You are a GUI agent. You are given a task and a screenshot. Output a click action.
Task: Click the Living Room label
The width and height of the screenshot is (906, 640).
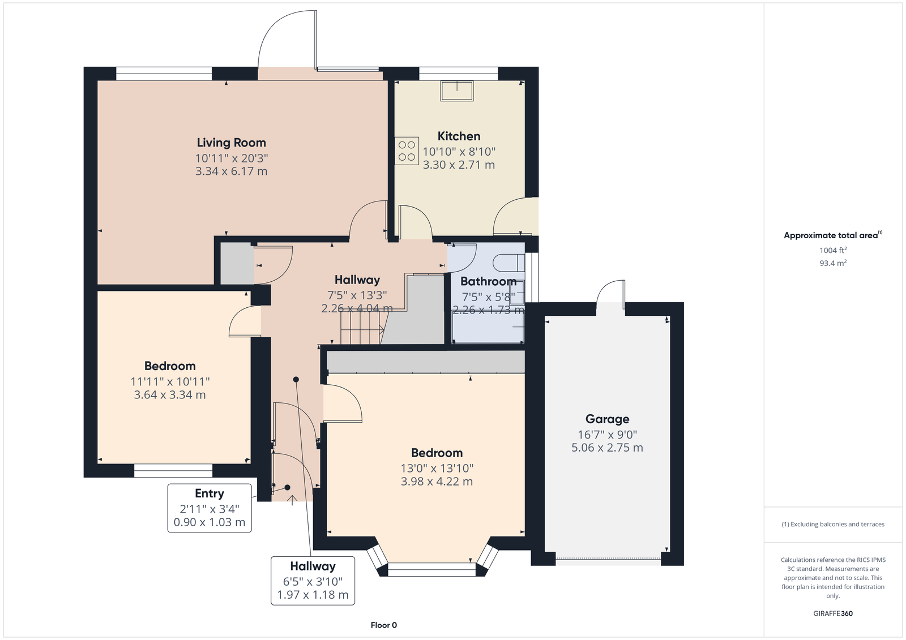[x=232, y=143]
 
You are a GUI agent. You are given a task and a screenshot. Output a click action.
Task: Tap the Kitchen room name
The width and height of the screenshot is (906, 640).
[x=459, y=136]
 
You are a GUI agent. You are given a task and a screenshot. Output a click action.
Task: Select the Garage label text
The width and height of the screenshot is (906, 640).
[x=607, y=419]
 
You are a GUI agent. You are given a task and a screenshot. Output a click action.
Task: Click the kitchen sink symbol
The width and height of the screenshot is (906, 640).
[x=457, y=91]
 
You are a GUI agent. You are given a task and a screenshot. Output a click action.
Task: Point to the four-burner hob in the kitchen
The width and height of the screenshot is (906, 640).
[x=407, y=151]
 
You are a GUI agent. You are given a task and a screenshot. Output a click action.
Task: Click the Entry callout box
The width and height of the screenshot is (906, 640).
[x=210, y=508]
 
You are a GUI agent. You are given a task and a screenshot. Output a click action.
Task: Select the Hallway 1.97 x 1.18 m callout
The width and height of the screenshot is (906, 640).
[x=313, y=581]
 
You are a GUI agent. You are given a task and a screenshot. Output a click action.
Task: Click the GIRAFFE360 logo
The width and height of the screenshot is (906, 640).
[x=833, y=613]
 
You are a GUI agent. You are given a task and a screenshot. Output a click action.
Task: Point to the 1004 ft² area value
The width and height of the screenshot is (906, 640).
[x=833, y=250]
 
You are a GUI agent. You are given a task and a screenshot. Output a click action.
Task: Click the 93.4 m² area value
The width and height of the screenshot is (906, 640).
[x=833, y=263]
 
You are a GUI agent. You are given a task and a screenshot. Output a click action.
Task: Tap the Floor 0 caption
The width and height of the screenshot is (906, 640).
[x=384, y=625]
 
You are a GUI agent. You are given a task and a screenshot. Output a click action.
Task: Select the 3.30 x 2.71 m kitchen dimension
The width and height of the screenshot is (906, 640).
[x=459, y=165]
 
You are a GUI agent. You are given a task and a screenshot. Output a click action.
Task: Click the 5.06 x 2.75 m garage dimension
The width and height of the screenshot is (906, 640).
[x=607, y=448]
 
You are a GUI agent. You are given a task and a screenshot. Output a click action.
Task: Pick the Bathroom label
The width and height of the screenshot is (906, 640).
[x=488, y=281]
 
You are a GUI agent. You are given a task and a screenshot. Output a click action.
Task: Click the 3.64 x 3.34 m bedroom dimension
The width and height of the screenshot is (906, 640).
[x=170, y=394]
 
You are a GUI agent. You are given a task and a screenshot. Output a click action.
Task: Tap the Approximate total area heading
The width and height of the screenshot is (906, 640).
[x=833, y=235]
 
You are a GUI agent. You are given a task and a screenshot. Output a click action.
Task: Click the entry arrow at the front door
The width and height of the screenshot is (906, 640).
[x=292, y=501]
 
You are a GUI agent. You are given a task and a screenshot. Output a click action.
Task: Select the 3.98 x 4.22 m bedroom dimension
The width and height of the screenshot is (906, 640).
[x=437, y=482]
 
